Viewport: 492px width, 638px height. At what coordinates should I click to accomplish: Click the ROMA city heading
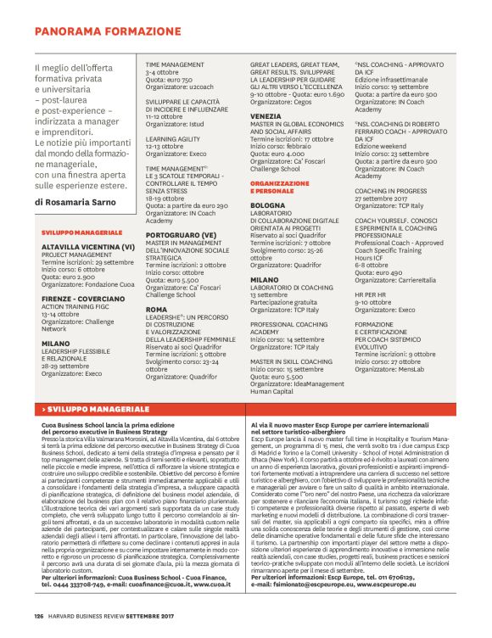click(156, 310)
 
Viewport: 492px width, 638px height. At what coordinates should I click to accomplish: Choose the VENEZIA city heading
click(266, 115)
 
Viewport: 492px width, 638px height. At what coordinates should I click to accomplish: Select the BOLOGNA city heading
click(268, 205)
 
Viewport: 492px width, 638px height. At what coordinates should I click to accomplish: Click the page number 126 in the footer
click(38, 616)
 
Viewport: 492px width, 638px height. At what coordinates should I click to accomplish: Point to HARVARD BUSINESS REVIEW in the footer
click(87, 616)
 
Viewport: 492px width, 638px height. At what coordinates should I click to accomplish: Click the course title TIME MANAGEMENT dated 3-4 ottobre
click(175, 64)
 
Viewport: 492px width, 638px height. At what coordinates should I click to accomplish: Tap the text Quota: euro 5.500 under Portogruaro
click(172, 280)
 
